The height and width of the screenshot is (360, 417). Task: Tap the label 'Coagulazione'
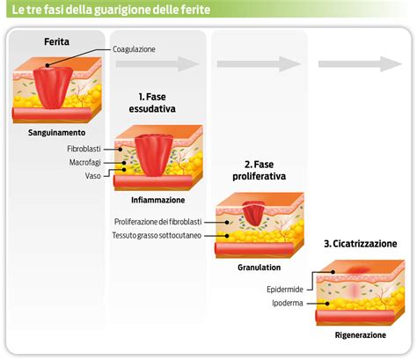point(134,49)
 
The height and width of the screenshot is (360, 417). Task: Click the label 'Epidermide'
point(286,289)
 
